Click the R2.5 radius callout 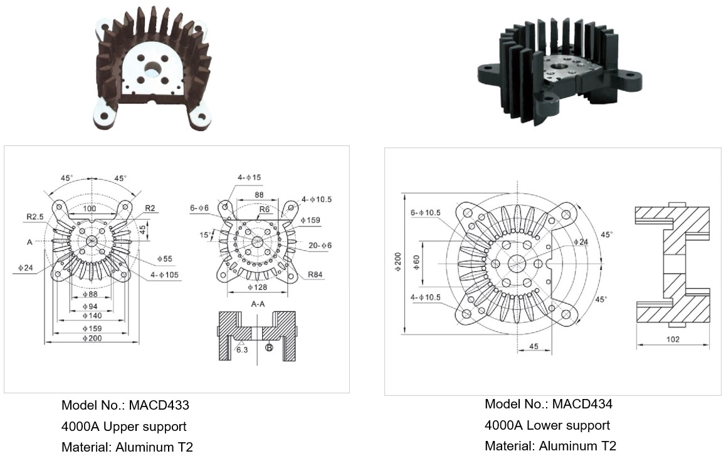pyautogui.click(x=34, y=216)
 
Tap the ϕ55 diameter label pyautogui.click(x=164, y=259)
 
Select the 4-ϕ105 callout pyautogui.click(x=164, y=275)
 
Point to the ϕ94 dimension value pyautogui.click(x=90, y=306)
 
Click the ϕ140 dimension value pyautogui.click(x=92, y=316)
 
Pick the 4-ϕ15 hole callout pyautogui.click(x=250, y=177)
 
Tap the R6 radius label pyautogui.click(x=265, y=209)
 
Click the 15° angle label pyautogui.click(x=205, y=235)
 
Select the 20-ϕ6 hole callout pyautogui.click(x=320, y=246)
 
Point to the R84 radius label pyautogui.click(x=315, y=275)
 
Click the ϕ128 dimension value pyautogui.click(x=258, y=288)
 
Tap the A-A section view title pyautogui.click(x=258, y=304)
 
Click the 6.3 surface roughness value pyautogui.click(x=242, y=350)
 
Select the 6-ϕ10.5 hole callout pyautogui.click(x=426, y=213)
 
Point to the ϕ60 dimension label pyautogui.click(x=416, y=263)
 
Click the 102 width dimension pyautogui.click(x=673, y=339)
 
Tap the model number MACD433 pyautogui.click(x=159, y=405)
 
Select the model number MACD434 pyautogui.click(x=582, y=404)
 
